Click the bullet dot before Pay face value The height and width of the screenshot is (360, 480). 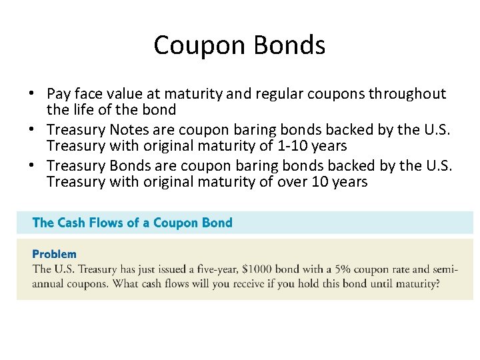(x=32, y=95)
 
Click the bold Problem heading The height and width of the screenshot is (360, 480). (x=55, y=254)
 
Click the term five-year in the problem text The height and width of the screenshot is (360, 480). (x=210, y=269)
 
